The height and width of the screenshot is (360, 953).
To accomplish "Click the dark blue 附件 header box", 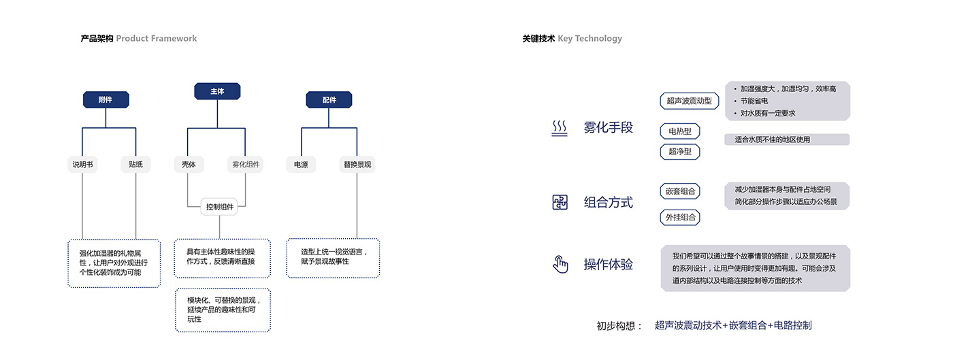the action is tap(106, 100).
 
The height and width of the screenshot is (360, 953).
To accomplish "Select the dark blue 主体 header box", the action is tap(217, 91).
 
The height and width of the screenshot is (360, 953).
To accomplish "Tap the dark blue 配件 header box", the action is tap(329, 100).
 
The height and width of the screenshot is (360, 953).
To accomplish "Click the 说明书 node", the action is tap(82, 164).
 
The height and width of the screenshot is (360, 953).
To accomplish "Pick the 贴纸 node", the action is tap(135, 164).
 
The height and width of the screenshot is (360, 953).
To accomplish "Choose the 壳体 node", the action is tap(189, 164).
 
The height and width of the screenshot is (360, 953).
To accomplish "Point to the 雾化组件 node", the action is tap(245, 164).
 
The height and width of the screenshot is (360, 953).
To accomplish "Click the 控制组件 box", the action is tap(219, 207).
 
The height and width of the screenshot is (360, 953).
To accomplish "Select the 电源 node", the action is tap(301, 164).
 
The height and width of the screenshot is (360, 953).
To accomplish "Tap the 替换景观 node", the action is tap(357, 164).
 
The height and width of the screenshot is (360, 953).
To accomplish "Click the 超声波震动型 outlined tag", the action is tap(689, 101).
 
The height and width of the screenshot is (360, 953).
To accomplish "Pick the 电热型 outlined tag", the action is tap(679, 131).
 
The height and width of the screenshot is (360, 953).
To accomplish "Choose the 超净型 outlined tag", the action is tap(679, 152).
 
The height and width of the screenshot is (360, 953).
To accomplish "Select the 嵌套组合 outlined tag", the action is tap(680, 191).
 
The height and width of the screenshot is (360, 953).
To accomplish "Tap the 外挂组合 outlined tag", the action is tap(680, 217).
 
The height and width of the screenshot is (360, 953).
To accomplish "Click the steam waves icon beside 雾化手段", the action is tap(560, 129).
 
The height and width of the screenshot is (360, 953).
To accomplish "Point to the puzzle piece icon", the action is tap(560, 202).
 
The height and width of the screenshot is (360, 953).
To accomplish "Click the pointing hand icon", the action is tap(560, 264).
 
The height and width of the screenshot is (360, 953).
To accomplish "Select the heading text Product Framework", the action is tap(157, 39).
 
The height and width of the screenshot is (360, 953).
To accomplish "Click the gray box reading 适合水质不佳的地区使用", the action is tap(787, 140).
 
